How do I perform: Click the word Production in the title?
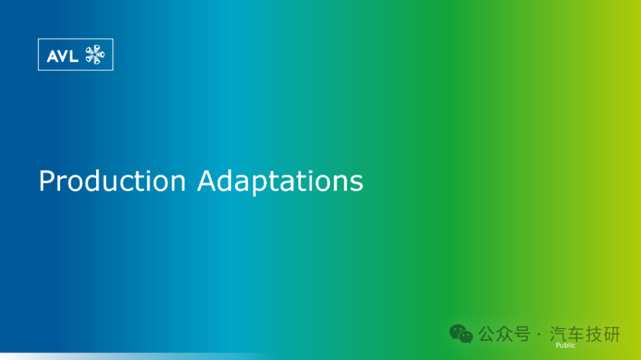coord(112,181)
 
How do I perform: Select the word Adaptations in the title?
coord(280,181)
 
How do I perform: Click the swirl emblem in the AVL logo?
coord(95,55)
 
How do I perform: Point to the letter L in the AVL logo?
coord(74,56)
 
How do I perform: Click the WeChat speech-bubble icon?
coord(461,334)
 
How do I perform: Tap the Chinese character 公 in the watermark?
coord(487,334)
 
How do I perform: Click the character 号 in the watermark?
coord(522,334)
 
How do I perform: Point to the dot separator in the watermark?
coord(539,334)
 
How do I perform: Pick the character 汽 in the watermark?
coord(558,334)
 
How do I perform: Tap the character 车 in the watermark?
coord(576,334)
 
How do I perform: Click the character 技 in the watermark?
coord(594,334)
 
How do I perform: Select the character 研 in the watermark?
coord(611,334)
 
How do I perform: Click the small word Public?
coord(566,345)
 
